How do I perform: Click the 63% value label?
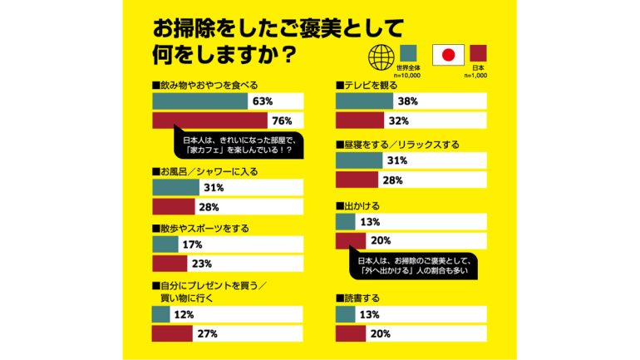(x=263, y=101)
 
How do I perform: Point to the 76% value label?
(x=292, y=121)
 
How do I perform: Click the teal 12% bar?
(x=161, y=314)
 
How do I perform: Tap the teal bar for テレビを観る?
(x=363, y=101)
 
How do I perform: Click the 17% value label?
(x=193, y=244)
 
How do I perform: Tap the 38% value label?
(x=407, y=101)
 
